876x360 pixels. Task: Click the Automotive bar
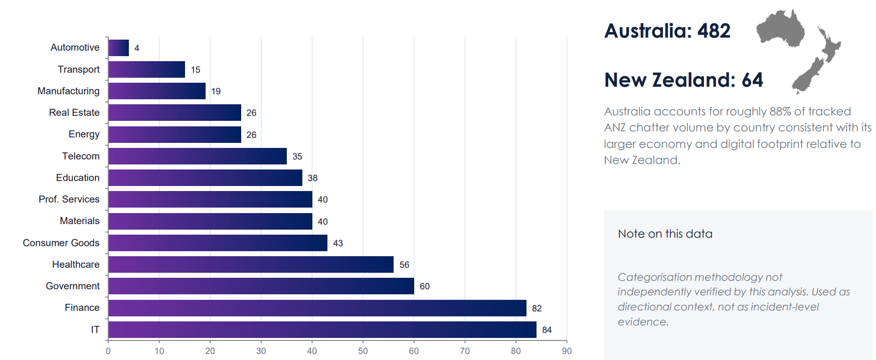(118, 48)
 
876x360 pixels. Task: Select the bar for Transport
(146, 69)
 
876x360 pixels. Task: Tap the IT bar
(322, 329)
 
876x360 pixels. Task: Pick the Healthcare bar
(251, 264)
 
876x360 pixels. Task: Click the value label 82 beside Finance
(537, 308)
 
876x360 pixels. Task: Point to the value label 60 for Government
(425, 286)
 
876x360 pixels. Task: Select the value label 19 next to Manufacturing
(216, 91)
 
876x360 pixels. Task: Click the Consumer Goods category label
(61, 243)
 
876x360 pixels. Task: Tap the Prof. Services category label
(69, 199)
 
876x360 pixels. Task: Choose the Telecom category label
(81, 156)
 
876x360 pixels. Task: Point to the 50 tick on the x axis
(363, 351)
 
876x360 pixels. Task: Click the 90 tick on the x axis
(567, 351)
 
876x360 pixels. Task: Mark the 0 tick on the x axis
(108, 351)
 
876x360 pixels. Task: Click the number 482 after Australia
(714, 31)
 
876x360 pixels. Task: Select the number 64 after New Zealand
(752, 80)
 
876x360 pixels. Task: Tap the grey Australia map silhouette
(780, 28)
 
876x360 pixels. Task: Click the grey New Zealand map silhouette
(816, 60)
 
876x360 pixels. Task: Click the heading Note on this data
(665, 234)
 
